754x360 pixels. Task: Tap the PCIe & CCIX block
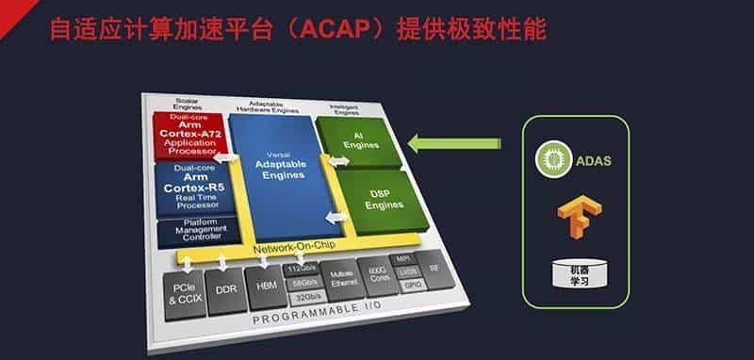(184, 291)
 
